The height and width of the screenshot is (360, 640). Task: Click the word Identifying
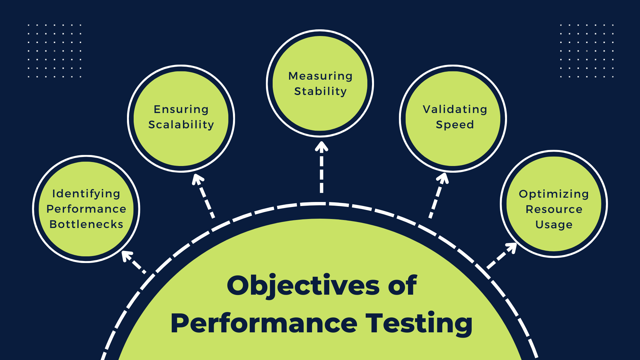point(86,194)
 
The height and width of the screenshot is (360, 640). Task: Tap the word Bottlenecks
point(86,224)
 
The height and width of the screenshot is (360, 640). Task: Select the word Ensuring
point(181,109)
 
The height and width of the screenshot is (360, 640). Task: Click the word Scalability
point(181,125)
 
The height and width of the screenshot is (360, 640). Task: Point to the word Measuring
point(320,76)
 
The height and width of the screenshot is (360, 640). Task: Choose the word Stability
point(320,91)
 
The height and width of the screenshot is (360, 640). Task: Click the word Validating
point(455,109)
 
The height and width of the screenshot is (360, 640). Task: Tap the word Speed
point(455,125)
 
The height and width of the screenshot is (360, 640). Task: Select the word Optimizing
point(554,194)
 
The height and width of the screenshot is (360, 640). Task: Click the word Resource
point(554,209)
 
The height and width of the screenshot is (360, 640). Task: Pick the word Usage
point(554,225)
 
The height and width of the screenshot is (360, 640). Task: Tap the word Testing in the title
point(419,323)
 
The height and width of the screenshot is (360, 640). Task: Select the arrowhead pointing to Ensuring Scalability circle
point(198,179)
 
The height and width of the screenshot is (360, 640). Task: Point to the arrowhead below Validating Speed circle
point(443,178)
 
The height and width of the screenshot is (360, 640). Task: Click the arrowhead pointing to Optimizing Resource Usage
point(511,248)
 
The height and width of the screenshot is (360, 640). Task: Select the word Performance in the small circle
point(86,209)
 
